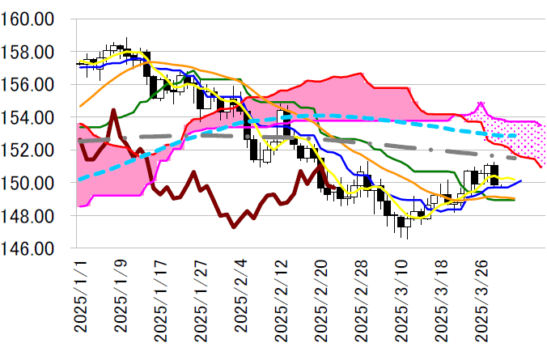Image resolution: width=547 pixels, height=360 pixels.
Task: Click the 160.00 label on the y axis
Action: pos(28,19)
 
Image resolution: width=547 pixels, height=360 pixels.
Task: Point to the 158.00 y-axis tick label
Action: pos(28,52)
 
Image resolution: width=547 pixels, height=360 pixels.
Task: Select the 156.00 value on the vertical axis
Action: pos(28,84)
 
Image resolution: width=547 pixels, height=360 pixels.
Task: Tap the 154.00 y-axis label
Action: pos(28,117)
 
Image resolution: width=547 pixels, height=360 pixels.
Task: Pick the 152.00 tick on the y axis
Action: pos(28,150)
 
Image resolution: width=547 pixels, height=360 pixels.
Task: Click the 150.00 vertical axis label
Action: pos(28,184)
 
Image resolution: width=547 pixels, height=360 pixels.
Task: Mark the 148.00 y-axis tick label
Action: pos(28,216)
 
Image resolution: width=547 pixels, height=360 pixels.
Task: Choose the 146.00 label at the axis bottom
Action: pos(28,249)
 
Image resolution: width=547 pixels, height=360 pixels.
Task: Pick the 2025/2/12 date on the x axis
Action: pos(281,299)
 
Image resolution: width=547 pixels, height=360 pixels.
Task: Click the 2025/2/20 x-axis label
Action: pos(321,299)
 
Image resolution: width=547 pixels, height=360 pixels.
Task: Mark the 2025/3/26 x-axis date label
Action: pos(482,299)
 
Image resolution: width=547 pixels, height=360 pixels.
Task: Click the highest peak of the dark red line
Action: pos(114,110)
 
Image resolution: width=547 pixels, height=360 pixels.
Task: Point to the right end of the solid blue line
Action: pos(521,181)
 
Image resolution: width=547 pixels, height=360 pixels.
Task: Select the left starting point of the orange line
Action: pos(79,106)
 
